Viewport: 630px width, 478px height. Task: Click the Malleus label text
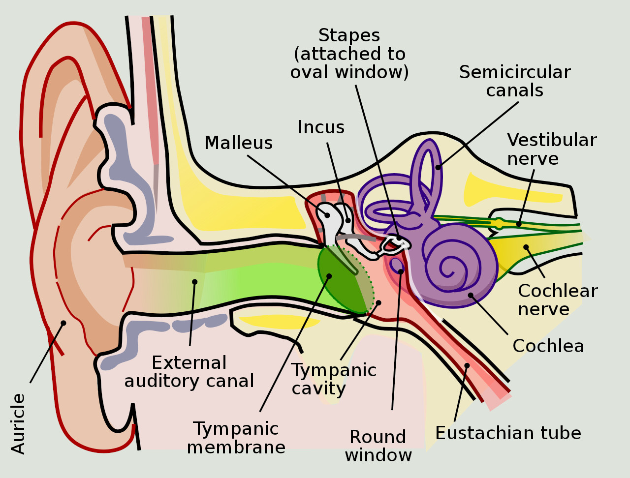click(238, 143)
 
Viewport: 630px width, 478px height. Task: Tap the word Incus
click(321, 127)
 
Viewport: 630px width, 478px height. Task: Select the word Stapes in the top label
click(349, 35)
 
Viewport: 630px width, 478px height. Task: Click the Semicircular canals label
click(515, 81)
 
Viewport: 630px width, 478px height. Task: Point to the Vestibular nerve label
click(551, 149)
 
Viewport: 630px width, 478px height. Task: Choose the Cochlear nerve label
click(557, 300)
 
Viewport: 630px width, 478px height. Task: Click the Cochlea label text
click(548, 346)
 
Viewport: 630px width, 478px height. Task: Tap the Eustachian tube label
click(508, 433)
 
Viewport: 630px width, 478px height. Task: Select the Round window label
click(378, 446)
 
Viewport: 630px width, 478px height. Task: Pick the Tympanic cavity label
click(334, 379)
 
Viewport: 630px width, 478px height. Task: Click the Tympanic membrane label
click(236, 438)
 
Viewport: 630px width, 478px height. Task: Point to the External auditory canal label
click(189, 372)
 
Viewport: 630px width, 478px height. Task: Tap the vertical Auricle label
click(18, 423)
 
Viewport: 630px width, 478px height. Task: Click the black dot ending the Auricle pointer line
click(63, 323)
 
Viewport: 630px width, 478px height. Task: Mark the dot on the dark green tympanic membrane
click(329, 276)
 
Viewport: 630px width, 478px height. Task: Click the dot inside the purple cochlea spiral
click(471, 295)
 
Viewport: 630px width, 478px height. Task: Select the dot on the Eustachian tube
click(467, 365)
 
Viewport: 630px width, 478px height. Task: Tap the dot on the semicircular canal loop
click(438, 167)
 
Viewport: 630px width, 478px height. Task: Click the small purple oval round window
click(396, 265)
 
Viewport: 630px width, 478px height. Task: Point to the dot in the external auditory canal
click(195, 282)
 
